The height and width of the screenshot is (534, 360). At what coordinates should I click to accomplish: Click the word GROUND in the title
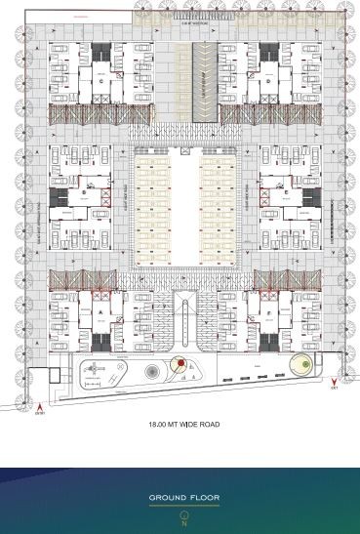click(x=166, y=498)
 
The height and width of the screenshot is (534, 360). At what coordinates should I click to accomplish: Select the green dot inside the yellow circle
click(x=304, y=364)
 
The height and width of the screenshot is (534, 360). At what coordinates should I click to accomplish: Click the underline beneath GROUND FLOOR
click(x=183, y=506)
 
